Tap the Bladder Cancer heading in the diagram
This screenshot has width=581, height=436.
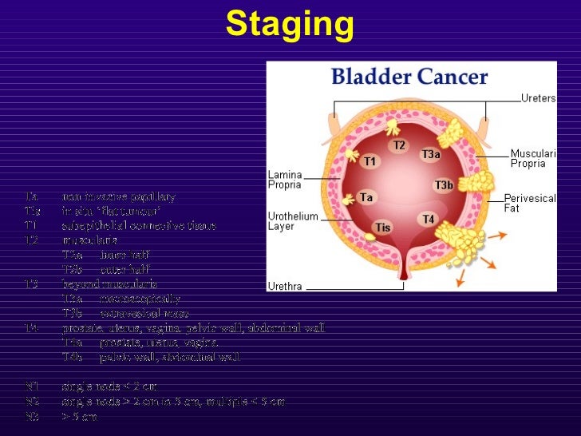[409, 77]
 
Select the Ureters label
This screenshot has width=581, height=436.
[539, 98]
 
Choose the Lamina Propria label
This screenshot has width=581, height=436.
[285, 178]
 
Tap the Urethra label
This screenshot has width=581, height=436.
[284, 285]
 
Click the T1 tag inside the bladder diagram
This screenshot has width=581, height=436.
[370, 162]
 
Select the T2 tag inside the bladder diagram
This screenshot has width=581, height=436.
[399, 145]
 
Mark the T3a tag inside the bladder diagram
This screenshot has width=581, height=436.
[430, 155]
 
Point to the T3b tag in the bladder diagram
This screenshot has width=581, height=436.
[444, 186]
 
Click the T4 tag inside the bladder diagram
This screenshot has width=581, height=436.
[429, 219]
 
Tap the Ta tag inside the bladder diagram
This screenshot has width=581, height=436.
[366, 196]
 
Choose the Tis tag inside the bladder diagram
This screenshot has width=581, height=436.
[383, 228]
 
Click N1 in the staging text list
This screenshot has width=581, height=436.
[32, 386]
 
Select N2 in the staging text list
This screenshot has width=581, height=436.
[32, 401]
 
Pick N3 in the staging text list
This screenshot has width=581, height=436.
[32, 416]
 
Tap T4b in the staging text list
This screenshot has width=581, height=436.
[73, 357]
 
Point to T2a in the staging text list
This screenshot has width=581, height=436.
[73, 255]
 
